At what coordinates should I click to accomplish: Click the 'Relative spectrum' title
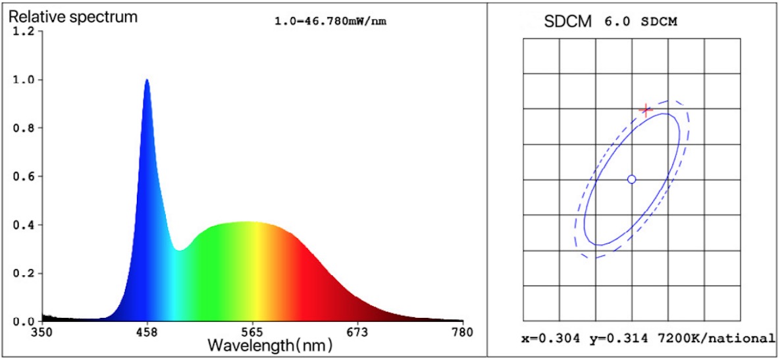pos(73,16)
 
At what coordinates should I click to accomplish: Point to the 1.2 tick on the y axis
pos(24,32)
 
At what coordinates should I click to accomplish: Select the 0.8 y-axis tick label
pos(24,128)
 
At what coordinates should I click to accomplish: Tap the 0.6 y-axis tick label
pos(24,176)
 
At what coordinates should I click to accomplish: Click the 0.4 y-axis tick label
pos(24,225)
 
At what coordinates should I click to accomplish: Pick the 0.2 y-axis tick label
pos(24,273)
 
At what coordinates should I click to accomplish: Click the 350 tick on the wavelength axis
pos(42,332)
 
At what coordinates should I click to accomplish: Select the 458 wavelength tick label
pos(147,332)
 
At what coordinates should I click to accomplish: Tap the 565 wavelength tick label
pos(253,332)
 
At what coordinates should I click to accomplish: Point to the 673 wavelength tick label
pos(357,332)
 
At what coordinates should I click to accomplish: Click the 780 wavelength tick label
pos(462,332)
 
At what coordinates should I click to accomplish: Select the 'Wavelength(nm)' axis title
pos(270,346)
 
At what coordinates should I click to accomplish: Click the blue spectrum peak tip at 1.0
pos(147,80)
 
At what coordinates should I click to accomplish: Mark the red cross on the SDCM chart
pos(646,109)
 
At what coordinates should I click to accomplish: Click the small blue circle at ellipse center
pos(631,179)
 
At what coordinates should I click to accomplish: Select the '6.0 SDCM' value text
pos(640,21)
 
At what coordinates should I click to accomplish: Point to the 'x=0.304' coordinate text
pos(550,338)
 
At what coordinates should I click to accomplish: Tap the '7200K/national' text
pos(714,338)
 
